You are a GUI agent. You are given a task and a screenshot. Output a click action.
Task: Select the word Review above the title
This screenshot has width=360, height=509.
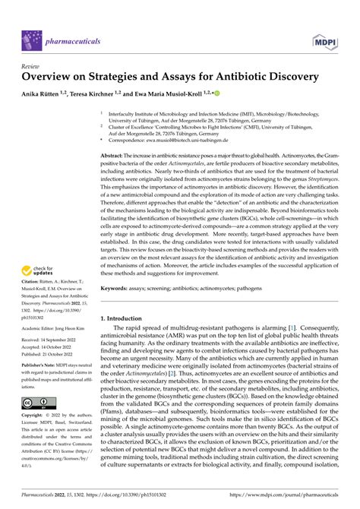point(35,66)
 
